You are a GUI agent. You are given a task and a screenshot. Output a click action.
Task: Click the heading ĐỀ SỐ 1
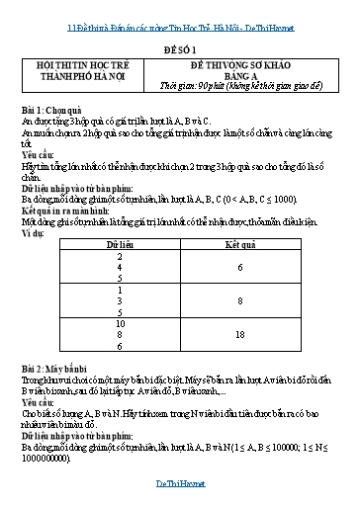(181, 46)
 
